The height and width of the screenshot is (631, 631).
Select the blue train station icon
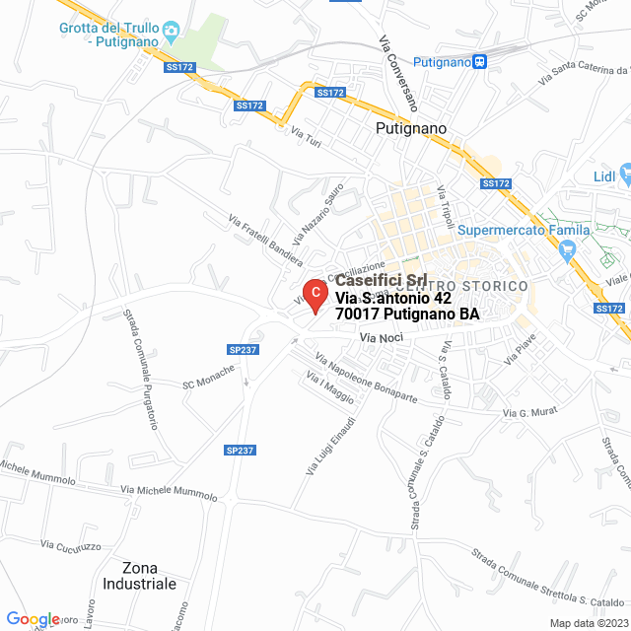click(479, 61)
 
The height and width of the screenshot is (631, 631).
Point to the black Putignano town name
click(411, 128)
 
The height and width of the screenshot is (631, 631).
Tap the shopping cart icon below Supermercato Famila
click(566, 251)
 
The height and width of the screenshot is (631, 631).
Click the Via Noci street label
click(382, 338)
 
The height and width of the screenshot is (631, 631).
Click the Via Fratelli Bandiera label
click(264, 241)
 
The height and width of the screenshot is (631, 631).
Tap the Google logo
click(33, 619)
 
